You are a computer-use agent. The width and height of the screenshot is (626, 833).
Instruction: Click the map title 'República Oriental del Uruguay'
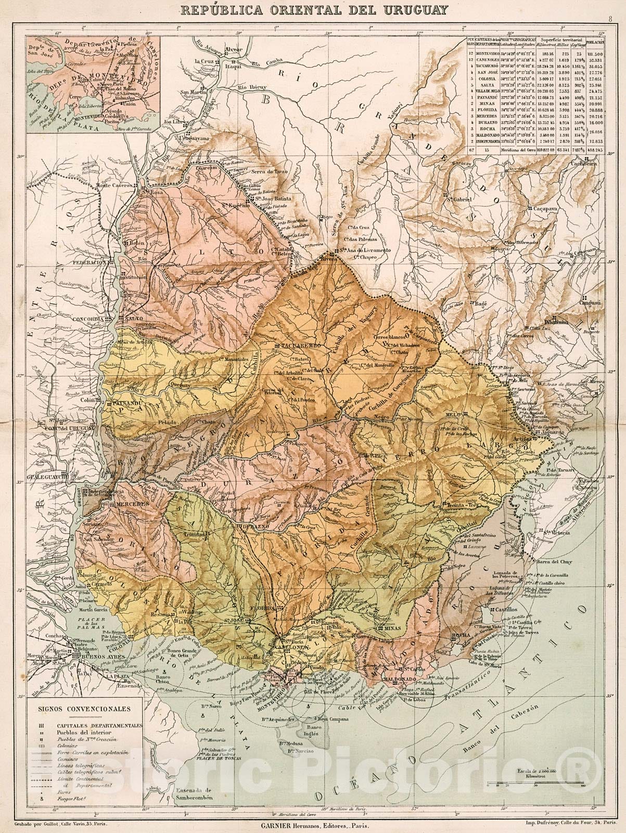[x=313, y=9]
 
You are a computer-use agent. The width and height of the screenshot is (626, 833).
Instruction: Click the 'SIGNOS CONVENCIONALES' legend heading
[x=84, y=709]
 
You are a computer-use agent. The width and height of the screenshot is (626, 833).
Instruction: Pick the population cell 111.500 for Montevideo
[x=594, y=54]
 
